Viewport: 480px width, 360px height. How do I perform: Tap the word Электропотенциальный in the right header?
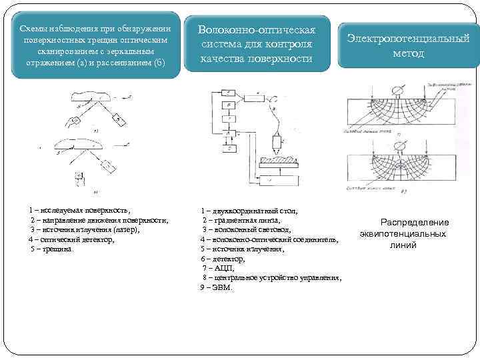point(408,39)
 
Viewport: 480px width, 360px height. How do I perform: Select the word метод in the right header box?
point(408,53)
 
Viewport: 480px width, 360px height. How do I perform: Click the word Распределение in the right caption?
point(415,222)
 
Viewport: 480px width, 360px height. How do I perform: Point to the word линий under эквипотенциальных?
point(403,245)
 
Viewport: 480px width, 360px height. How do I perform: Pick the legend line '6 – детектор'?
point(223,258)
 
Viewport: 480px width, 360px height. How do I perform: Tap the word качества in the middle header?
point(228,59)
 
